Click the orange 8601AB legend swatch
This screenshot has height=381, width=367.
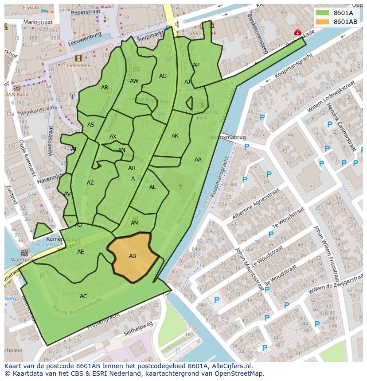[x=322, y=22]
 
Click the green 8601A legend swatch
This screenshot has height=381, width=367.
[x=322, y=13]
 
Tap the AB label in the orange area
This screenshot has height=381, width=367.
[x=133, y=256]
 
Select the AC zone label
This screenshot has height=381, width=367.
[x=83, y=296]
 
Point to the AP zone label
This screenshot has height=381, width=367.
[x=196, y=65]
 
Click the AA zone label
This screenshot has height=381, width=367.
[x=198, y=160]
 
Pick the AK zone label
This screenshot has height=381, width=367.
[x=175, y=136]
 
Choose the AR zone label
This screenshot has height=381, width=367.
[x=105, y=88]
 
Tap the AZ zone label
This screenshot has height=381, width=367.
[x=90, y=183]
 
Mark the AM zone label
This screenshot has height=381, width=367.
[x=135, y=223]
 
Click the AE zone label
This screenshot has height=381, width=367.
[x=80, y=252]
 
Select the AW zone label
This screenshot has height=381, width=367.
[x=134, y=81]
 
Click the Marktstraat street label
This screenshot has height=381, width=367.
[x=38, y=22]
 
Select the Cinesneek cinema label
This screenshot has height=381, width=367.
[x=79, y=65]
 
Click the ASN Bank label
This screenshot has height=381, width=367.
[x=17, y=95]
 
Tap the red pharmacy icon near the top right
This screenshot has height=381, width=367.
[x=297, y=32]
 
